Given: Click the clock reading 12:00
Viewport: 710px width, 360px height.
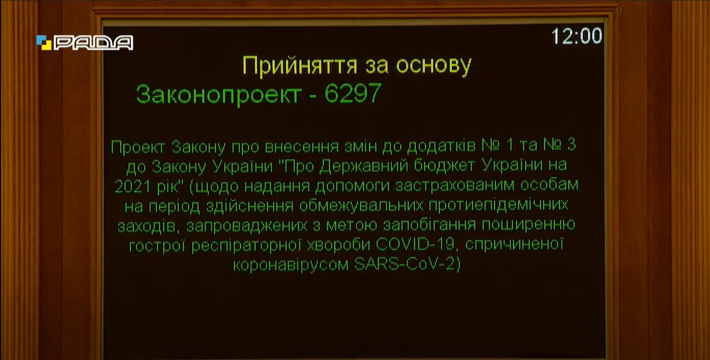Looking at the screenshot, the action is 576,35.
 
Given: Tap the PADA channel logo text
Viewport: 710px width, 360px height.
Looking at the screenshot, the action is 94,43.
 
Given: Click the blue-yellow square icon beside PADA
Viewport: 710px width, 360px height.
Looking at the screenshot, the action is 44,43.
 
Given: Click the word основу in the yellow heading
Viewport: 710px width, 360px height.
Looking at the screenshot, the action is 434,66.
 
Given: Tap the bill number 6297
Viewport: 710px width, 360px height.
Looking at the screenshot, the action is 353,93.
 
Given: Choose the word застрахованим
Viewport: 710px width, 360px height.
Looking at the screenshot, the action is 455,185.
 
